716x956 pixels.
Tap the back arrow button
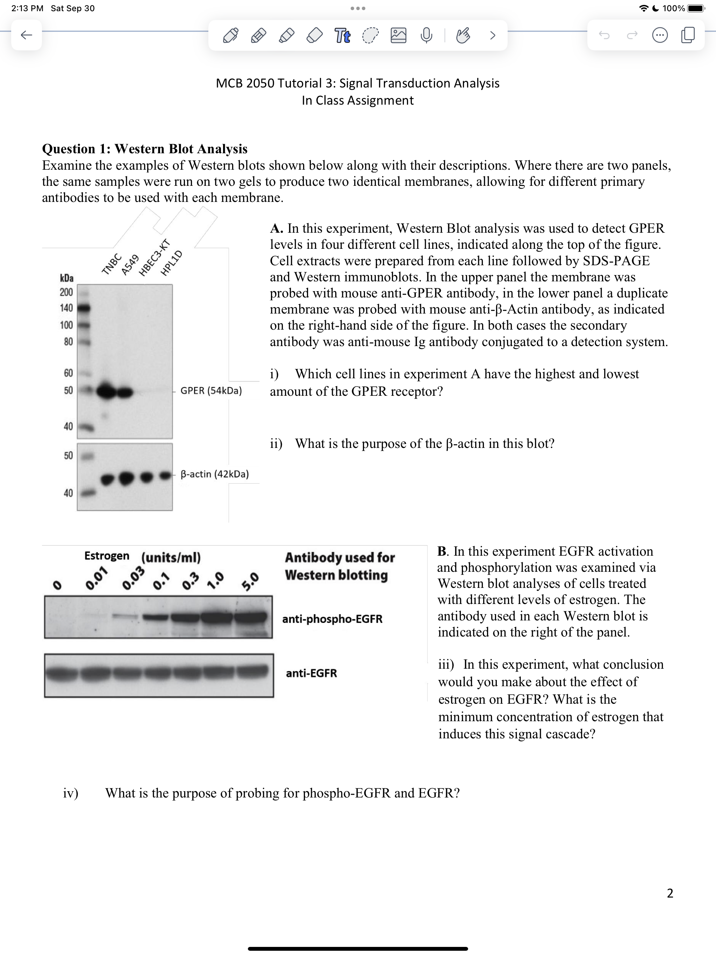(26, 35)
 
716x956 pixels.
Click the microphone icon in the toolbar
(426, 35)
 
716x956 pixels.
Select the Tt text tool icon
(343, 35)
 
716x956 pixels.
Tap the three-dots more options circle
(659, 35)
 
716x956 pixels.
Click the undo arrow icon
(604, 35)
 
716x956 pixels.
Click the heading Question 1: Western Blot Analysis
(145, 149)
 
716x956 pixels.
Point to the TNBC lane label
(112, 264)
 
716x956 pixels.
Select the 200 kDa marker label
(66, 292)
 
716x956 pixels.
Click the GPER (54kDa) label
(211, 391)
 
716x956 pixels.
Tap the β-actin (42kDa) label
(214, 474)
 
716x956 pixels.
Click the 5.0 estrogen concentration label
(250, 581)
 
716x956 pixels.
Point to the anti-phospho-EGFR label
(332, 619)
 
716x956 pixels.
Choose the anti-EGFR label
(312, 673)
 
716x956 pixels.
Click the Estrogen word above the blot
(107, 556)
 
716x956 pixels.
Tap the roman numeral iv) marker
(70, 793)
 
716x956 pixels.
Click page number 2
(670, 893)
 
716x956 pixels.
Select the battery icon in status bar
(696, 8)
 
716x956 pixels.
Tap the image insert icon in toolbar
(398, 35)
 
